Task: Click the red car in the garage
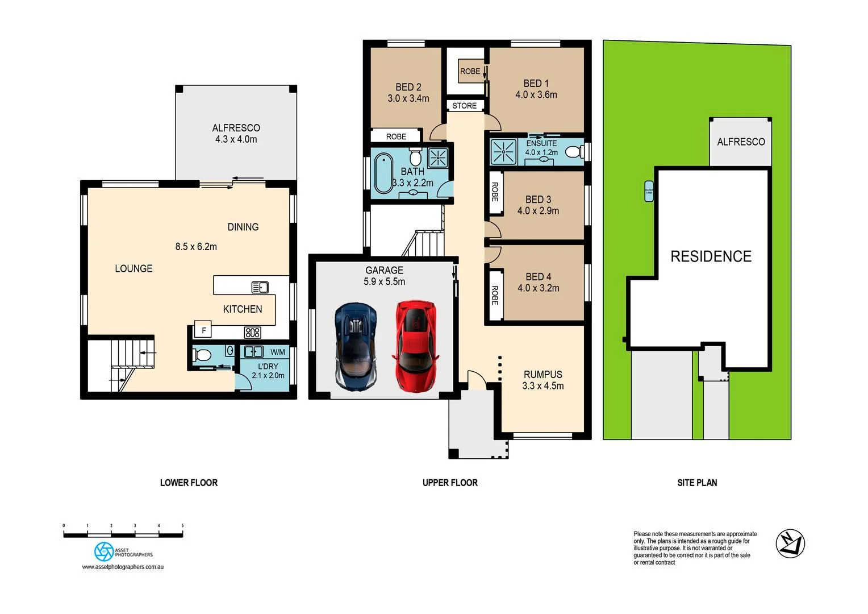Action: click(x=415, y=346)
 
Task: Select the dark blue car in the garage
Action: click(x=356, y=346)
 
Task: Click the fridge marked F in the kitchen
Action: click(x=203, y=330)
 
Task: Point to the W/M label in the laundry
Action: click(x=278, y=352)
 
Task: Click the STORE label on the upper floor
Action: click(x=464, y=106)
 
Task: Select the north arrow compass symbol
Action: click(x=790, y=543)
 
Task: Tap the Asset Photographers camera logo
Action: click(x=104, y=551)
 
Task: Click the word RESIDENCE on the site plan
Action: click(x=711, y=256)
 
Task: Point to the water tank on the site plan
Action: click(x=649, y=192)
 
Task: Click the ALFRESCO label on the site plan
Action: click(x=741, y=142)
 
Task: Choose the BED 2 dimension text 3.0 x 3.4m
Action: click(x=408, y=98)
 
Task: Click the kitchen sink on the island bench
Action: click(x=260, y=287)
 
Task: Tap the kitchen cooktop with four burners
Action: click(x=252, y=332)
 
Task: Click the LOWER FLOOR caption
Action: click(x=189, y=483)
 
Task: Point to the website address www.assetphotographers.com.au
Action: click(x=123, y=567)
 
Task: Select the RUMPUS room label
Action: click(x=542, y=374)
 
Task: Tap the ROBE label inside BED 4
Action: click(x=495, y=295)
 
